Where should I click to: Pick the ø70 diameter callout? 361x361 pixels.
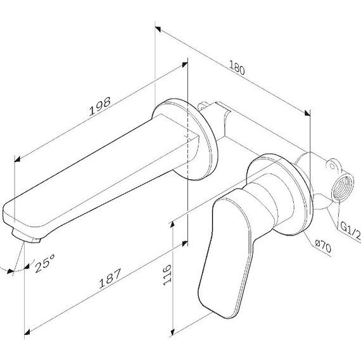coord(322,248)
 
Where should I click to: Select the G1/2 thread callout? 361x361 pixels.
coord(350,232)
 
